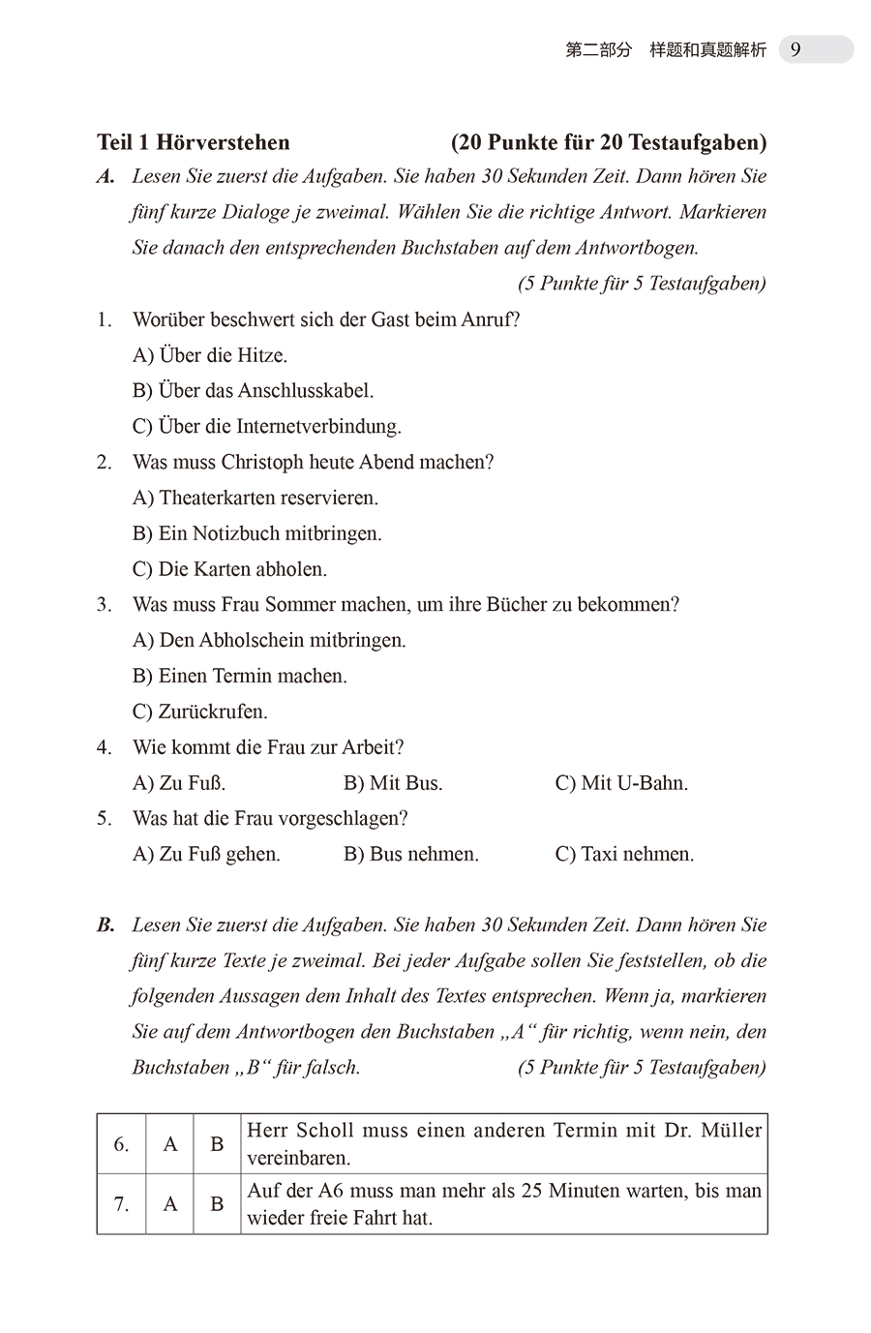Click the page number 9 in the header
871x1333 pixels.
pyautogui.click(x=796, y=49)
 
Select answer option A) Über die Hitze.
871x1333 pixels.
pyautogui.click(x=210, y=355)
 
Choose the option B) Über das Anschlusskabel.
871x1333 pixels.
pyautogui.click(x=253, y=391)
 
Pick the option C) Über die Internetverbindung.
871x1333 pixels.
pyautogui.click(x=266, y=427)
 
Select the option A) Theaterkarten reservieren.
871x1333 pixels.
pyautogui.click(x=255, y=499)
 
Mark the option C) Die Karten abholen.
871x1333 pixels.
pyautogui.click(x=229, y=569)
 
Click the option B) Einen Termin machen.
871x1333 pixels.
pyautogui.click(x=239, y=676)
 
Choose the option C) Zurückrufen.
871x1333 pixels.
pyautogui.click(x=199, y=712)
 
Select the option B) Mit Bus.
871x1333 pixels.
pyautogui.click(x=393, y=783)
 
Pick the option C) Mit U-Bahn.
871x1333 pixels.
pyautogui.click(x=621, y=783)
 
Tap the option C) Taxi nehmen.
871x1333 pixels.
pyautogui.click(x=624, y=855)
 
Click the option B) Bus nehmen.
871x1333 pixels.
pyautogui.click(x=411, y=855)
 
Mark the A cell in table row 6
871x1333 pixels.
pyautogui.click(x=170, y=1144)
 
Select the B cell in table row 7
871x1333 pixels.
pyautogui.click(x=217, y=1204)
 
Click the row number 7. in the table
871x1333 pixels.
pyautogui.click(x=121, y=1204)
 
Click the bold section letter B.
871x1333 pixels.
pyautogui.click(x=105, y=925)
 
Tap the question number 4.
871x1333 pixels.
pyautogui.click(x=105, y=747)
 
